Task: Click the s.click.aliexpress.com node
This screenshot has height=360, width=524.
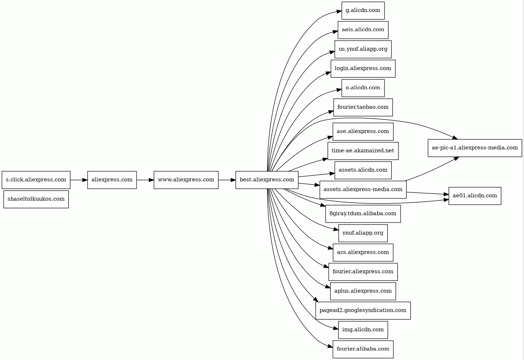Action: (36, 180)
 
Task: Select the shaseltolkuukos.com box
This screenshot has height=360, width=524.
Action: (36, 199)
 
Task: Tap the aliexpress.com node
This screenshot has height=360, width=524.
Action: (112, 180)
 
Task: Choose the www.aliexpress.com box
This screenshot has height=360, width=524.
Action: (186, 180)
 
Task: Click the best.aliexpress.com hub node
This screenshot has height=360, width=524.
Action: (267, 180)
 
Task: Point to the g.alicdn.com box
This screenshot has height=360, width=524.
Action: (363, 11)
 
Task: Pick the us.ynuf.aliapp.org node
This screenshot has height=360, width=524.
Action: (363, 49)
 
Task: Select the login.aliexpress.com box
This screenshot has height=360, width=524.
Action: (363, 69)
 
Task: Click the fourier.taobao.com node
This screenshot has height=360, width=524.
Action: (363, 107)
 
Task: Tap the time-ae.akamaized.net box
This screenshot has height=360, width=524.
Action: (363, 151)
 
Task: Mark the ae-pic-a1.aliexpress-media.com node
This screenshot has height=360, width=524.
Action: (475, 148)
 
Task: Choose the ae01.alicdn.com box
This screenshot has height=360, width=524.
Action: (475, 196)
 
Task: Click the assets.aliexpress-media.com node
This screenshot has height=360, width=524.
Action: (363, 189)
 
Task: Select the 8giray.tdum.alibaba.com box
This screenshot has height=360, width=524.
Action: (363, 214)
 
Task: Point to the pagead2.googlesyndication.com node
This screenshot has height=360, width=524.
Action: (363, 310)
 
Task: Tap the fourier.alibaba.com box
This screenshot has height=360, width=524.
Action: (363, 349)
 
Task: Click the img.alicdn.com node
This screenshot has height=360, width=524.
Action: (363, 330)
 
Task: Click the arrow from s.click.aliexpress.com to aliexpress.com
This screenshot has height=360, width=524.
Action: (79, 180)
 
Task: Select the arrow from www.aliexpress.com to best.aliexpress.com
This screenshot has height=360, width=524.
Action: (227, 180)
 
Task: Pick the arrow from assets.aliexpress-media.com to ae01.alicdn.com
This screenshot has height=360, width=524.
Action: (428, 193)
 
